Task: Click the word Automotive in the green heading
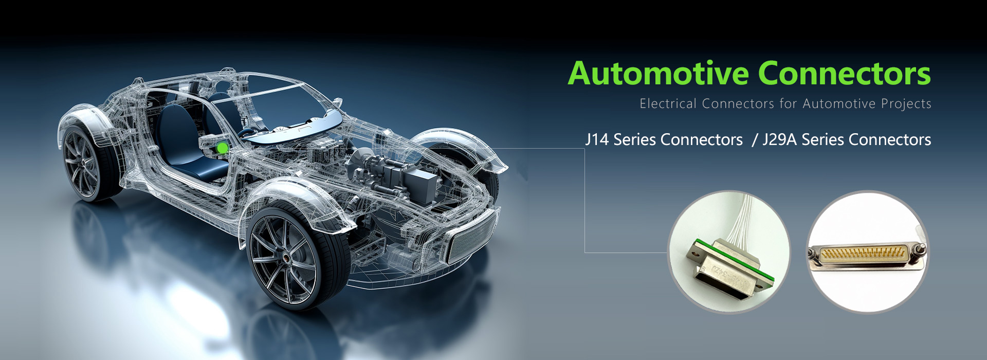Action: (658, 74)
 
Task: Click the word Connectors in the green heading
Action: (844, 74)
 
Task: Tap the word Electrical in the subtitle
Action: (668, 104)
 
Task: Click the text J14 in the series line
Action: (597, 140)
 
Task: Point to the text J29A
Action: (779, 140)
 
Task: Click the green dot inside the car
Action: (222, 148)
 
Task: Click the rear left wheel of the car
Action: (87, 162)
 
